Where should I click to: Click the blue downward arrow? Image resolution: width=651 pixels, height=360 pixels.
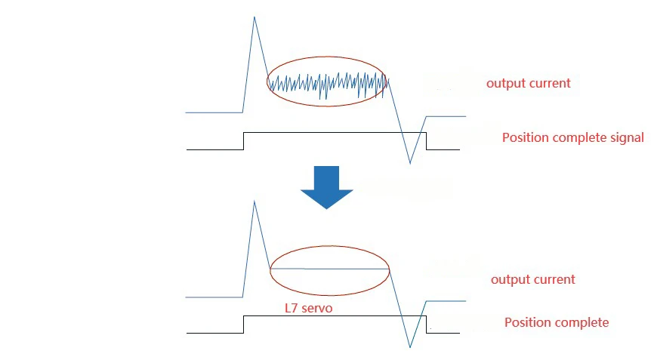326,186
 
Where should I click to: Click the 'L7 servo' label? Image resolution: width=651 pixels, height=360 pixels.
309,309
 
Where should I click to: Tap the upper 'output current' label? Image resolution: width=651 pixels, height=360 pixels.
528,83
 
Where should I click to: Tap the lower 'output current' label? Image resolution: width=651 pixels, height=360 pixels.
532,279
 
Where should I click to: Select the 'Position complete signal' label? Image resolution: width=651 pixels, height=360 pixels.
572,137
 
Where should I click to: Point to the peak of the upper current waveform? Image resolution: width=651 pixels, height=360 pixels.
255,17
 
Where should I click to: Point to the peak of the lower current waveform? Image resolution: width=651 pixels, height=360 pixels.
255,202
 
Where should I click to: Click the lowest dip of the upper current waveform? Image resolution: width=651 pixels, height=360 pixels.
410,162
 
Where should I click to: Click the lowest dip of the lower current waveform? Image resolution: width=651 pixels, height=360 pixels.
410,347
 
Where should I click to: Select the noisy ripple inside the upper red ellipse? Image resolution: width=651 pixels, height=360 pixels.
327,84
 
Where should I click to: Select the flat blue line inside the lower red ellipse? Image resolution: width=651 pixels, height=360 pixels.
329,269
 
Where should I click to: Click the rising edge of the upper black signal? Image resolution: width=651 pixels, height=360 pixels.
243,141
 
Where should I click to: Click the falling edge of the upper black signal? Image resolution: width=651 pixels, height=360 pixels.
426,141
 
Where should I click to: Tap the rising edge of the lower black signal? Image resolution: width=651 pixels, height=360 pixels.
243,325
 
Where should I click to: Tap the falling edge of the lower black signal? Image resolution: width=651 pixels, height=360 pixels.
426,325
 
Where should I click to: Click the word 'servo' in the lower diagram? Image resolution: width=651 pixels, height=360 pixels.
318,309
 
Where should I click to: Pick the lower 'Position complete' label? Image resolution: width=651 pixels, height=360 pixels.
556,322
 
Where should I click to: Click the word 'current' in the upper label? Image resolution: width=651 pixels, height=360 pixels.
549,83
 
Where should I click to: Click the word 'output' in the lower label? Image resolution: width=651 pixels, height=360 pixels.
511,279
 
